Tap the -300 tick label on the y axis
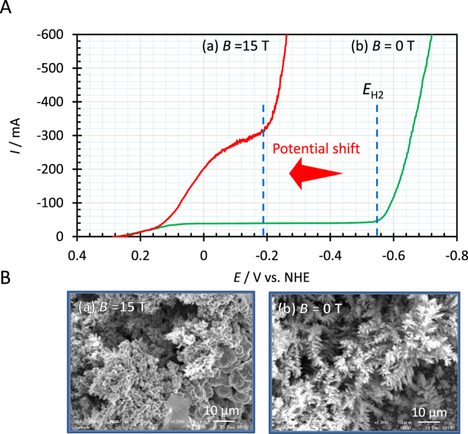(x=58, y=136)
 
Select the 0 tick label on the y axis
(x=67, y=236)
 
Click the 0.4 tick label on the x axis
(x=78, y=255)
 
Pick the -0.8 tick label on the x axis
(x=457, y=255)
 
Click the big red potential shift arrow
(x=315, y=174)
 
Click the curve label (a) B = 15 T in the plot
(x=236, y=47)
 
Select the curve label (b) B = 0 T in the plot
(x=382, y=47)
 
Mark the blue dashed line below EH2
(x=377, y=168)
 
